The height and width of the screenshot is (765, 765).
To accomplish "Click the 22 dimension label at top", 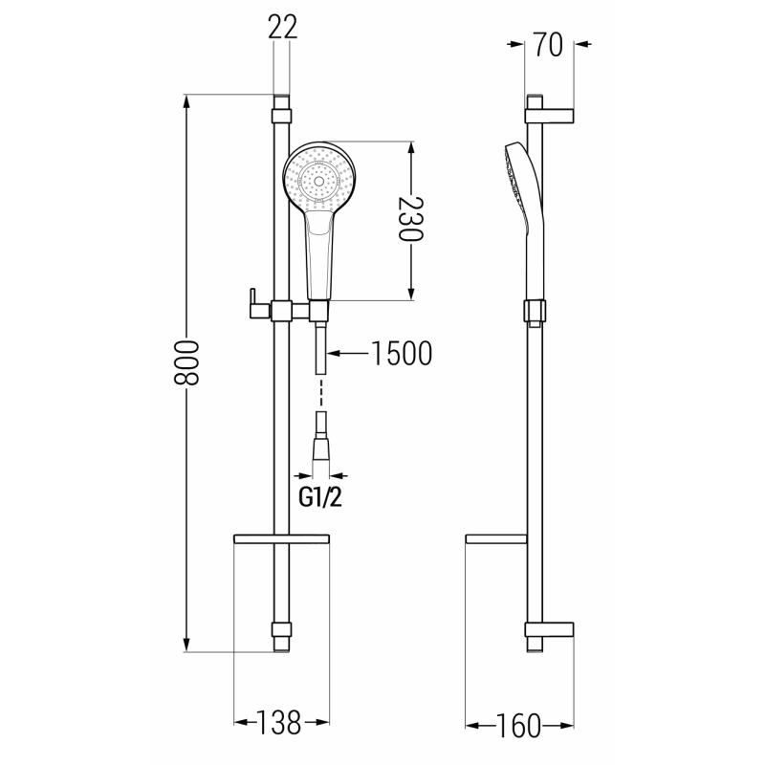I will tap(284, 28).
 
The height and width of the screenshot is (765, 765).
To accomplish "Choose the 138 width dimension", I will tap(282, 723).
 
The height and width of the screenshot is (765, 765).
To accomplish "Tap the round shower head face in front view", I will tap(319, 178).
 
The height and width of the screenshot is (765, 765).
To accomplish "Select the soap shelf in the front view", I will tap(282, 541).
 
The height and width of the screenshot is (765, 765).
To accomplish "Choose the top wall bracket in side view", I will tap(550, 114).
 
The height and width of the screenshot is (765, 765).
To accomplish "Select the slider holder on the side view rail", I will tap(535, 311).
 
